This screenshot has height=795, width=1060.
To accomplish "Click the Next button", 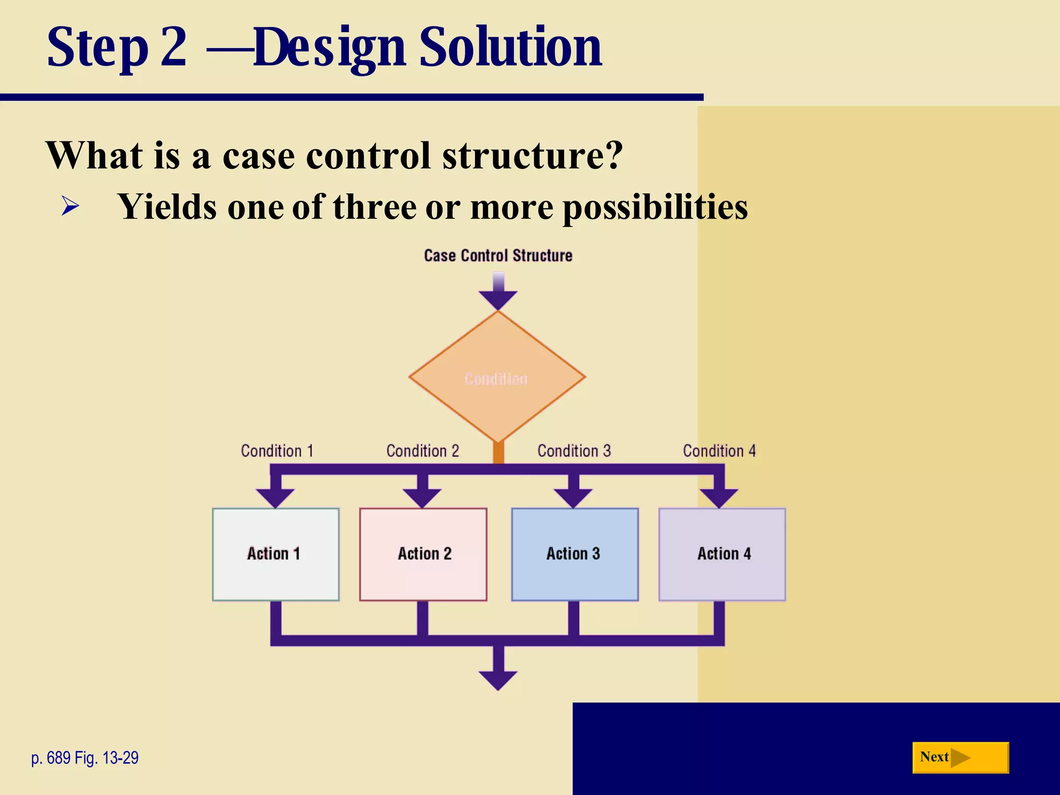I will (x=960, y=758).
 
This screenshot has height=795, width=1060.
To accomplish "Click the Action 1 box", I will (x=275, y=554).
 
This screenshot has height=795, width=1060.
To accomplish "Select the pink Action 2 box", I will (x=423, y=554).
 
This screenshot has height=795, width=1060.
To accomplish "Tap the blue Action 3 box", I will (x=575, y=554).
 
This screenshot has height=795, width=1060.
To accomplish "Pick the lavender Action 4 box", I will (x=722, y=554).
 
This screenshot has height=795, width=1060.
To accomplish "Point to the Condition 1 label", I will (x=277, y=451).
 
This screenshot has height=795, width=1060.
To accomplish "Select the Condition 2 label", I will (x=422, y=451).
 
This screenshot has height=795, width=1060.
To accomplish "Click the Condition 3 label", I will (x=574, y=451).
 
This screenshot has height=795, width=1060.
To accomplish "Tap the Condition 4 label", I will (x=719, y=451).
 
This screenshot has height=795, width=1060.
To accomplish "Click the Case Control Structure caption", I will (x=498, y=256).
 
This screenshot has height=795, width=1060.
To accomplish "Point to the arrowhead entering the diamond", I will (x=498, y=299).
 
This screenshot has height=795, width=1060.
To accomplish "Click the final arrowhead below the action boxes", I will (x=498, y=680).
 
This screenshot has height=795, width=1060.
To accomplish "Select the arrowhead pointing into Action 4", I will (x=718, y=498).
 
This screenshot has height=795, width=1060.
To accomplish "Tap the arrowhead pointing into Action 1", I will (x=275, y=498).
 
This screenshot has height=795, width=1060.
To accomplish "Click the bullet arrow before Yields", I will (x=70, y=206).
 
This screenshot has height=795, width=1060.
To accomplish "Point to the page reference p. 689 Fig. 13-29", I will (x=85, y=758).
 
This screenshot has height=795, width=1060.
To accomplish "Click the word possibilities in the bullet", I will (x=655, y=207).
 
